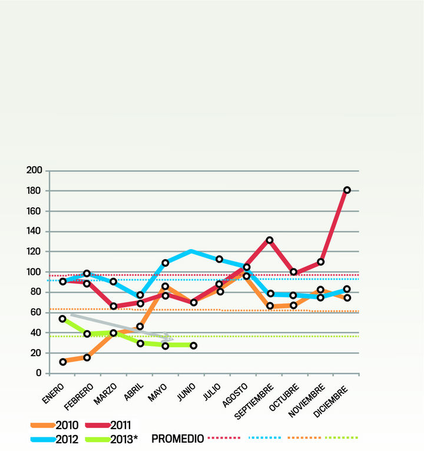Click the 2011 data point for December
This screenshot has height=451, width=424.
[347, 190]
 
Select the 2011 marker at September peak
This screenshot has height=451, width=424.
[270, 240]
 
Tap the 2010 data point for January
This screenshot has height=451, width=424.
[63, 362]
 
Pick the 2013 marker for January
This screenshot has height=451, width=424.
[63, 319]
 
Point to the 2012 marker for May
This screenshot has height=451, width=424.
[165, 263]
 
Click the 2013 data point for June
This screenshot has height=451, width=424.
[193, 346]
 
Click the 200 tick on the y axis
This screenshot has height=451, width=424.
[35, 171]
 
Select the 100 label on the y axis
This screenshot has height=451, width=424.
[35, 272]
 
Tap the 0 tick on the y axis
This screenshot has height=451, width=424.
[38, 373]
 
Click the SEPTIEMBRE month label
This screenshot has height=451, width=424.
[255, 400]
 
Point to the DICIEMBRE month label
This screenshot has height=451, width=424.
[333, 399]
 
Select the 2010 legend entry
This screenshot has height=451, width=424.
[56, 425]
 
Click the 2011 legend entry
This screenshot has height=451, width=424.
[108, 425]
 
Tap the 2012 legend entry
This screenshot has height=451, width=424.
[56, 438]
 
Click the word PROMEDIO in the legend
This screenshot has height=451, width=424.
[178, 439]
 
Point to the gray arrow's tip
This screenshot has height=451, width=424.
[171, 339]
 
